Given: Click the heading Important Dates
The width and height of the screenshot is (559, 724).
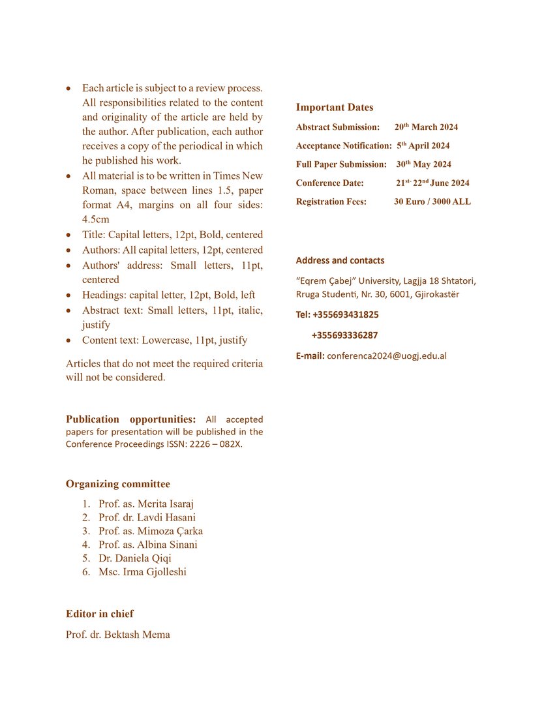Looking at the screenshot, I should (335, 108).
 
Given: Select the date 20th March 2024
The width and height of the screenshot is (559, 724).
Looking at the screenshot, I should (426, 127).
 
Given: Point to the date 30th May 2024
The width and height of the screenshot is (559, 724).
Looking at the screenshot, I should (423, 164).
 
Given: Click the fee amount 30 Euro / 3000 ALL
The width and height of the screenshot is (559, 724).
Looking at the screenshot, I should (432, 202).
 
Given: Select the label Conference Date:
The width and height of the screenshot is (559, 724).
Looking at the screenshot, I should (329, 183).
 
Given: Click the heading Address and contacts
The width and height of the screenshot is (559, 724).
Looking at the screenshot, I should (340, 261).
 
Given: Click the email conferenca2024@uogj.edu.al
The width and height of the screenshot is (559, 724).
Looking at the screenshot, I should (386, 356).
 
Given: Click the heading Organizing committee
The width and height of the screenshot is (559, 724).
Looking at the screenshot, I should (117, 484).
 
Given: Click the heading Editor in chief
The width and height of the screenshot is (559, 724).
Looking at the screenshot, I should (99, 614).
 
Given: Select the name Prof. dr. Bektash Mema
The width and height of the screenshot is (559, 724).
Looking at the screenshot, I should (117, 635).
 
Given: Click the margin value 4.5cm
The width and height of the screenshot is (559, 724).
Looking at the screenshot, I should (95, 220).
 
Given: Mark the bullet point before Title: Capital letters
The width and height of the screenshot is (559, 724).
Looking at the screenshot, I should (69, 235).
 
